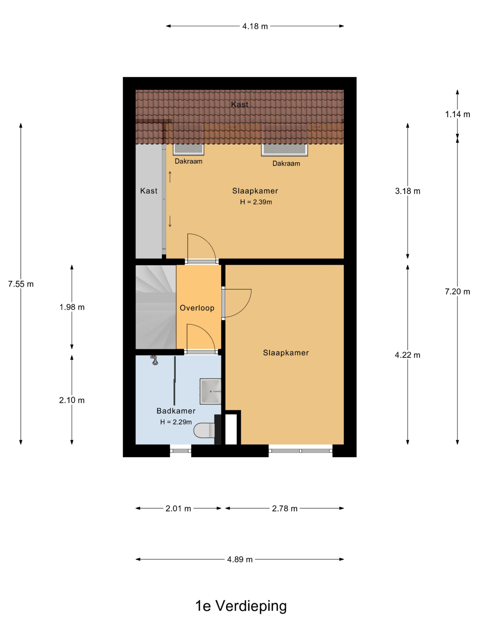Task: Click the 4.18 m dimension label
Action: point(255,26)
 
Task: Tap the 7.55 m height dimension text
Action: point(21,284)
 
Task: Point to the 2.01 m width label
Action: point(178,509)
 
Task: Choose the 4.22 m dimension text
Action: point(407,355)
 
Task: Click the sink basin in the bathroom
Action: point(210,391)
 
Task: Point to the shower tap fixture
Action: point(154,360)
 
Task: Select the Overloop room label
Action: point(197,308)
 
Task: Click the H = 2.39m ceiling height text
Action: point(256,202)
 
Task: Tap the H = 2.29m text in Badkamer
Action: point(176,422)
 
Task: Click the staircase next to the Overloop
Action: point(156,307)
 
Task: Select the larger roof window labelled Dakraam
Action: point(284,150)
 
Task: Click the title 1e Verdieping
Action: point(241,606)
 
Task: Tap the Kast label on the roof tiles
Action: point(240,104)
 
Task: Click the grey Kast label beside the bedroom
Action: point(149,191)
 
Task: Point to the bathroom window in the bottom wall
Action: point(180,451)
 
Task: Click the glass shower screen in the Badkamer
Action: point(175,381)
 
